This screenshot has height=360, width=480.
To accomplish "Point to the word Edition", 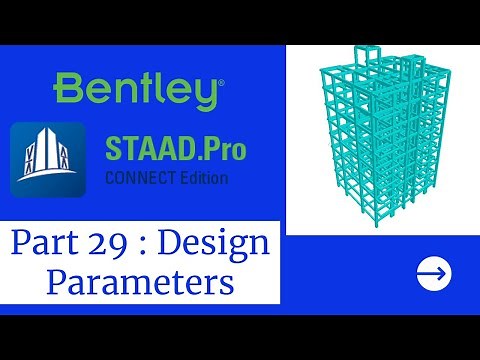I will pyautogui.click(x=204, y=179).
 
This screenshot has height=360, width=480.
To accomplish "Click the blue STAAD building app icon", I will pyautogui.click(x=46, y=160).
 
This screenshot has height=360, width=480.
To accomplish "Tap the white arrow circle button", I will pyautogui.click(x=433, y=272).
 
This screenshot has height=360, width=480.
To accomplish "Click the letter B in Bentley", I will pyautogui.click(x=68, y=90).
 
